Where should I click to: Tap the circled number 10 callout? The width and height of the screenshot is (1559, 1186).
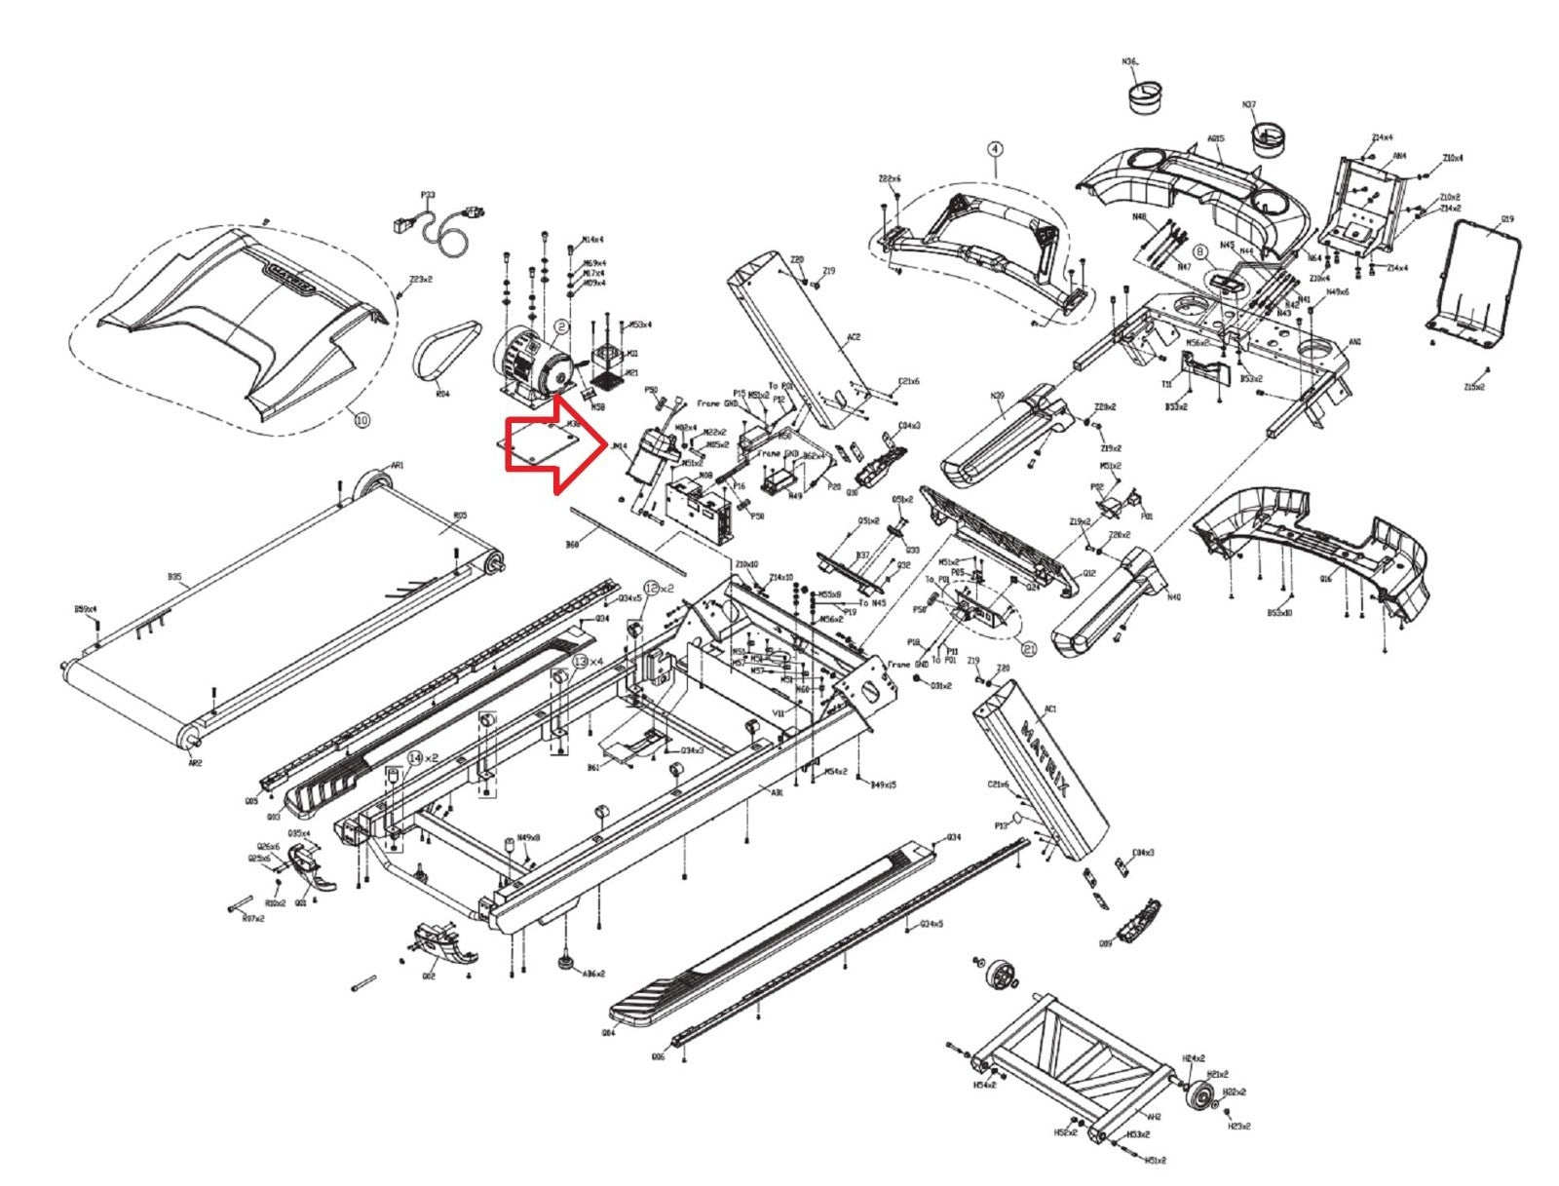click(361, 420)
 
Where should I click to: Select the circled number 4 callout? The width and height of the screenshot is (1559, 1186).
click(994, 149)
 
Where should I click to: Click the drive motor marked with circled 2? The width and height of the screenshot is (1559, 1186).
click(531, 365)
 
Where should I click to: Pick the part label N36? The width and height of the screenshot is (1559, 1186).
click(1129, 60)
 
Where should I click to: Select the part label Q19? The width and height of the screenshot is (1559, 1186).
click(1506, 219)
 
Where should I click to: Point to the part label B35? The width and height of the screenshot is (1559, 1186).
click(173, 577)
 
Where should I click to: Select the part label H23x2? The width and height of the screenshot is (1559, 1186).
click(1238, 1127)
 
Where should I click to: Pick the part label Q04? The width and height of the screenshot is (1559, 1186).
click(608, 1033)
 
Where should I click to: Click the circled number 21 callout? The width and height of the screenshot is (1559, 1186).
click(1028, 644)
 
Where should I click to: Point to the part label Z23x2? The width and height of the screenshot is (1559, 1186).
click(421, 279)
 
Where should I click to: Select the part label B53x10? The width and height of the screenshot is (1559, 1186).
click(1279, 613)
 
